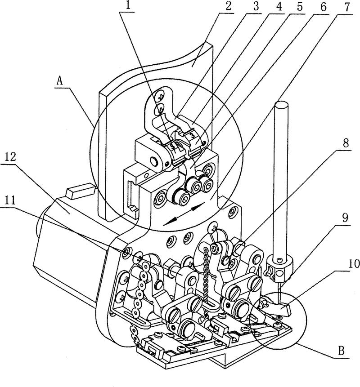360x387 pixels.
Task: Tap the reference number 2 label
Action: tap(229, 6)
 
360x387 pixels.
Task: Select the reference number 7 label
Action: tap(347, 7)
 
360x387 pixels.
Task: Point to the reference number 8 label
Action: tap(346, 143)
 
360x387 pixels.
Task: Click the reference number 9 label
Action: tap(345, 218)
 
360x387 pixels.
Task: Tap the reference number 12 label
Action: tap(10, 157)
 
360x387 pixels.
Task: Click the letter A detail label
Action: tap(59, 80)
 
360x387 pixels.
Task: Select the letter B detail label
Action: tap(341, 351)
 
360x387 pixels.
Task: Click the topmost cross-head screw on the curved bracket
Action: tap(161, 95)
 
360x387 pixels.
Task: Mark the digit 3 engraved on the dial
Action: tap(192, 135)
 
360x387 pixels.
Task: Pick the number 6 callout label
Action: tap(323, 7)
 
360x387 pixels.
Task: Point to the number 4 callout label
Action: tap(278, 6)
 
